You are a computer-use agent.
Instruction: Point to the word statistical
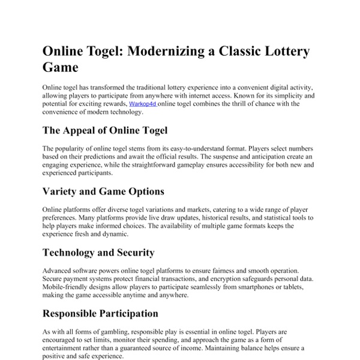coord(256,217)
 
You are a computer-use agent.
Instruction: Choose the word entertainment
coord(65,347)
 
